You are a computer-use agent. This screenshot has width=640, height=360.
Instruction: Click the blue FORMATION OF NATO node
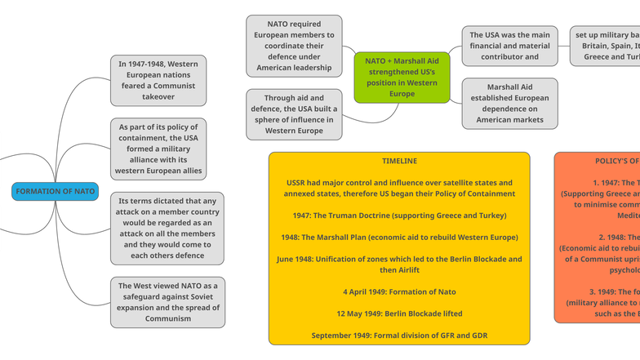click(x=55, y=191)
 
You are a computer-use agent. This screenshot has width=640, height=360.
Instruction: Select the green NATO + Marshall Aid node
click(x=402, y=78)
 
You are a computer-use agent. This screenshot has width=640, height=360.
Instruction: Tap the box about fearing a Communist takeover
click(x=158, y=80)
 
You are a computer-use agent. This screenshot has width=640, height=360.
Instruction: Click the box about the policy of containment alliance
click(x=158, y=149)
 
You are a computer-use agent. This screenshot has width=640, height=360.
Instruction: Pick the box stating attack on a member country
click(x=167, y=229)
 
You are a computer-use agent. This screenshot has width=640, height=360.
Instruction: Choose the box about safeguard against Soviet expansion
click(x=167, y=302)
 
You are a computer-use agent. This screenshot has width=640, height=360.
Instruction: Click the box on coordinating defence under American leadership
click(x=294, y=46)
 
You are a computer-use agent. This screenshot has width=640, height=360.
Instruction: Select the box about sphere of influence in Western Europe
click(x=294, y=114)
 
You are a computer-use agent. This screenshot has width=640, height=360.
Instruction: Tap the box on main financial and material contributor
click(x=509, y=46)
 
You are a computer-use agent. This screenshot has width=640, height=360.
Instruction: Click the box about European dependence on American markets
click(x=509, y=104)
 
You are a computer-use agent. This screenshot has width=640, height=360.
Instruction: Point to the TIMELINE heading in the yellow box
click(x=399, y=161)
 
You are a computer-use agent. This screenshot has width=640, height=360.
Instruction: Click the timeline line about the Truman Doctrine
click(x=399, y=216)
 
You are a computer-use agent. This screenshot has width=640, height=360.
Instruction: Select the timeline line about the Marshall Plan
click(x=399, y=238)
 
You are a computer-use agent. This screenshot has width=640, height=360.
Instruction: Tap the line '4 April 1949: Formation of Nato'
click(x=399, y=291)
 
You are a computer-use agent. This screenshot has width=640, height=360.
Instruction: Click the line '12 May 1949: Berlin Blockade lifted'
click(x=399, y=313)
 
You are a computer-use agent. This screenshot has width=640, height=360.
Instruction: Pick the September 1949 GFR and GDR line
click(x=399, y=336)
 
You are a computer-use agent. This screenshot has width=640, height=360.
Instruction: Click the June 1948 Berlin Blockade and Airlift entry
click(x=399, y=264)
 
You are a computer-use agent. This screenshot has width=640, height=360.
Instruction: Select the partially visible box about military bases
click(x=606, y=46)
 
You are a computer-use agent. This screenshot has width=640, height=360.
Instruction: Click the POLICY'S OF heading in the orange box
click(x=616, y=161)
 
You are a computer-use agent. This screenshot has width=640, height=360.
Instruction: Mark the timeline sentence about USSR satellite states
click(x=399, y=188)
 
